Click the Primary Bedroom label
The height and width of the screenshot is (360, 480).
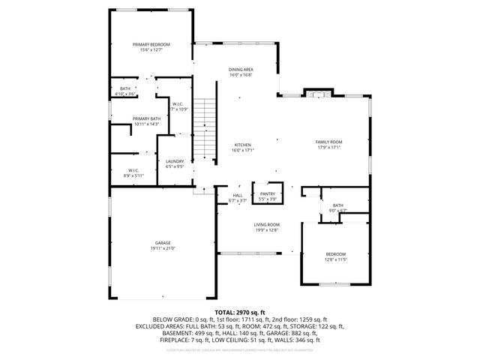pos(151,44)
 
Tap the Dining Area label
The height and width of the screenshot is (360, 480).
pos(241,70)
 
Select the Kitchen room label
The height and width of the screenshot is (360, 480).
pos(242,145)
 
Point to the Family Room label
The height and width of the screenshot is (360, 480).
pos(328,142)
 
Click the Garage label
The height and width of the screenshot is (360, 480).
pos(163,242)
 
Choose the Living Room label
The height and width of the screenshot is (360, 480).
pos(266,225)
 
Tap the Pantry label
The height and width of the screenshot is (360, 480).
pos(268,194)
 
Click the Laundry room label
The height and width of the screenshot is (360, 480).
pos(175,161)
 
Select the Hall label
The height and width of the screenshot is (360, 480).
pos(237,196)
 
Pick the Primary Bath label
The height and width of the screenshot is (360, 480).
pos(146,118)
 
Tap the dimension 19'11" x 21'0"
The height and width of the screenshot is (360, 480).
pos(163,247)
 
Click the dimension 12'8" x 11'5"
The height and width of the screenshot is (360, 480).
pos(335,259)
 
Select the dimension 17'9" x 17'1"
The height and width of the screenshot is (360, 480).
pos(328,148)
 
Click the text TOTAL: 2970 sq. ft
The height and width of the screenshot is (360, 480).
pos(240,311)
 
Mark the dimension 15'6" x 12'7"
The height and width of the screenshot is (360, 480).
pos(151,49)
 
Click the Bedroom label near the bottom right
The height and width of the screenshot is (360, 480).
pos(335,253)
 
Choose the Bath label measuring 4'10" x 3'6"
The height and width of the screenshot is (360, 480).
pos(125,89)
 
